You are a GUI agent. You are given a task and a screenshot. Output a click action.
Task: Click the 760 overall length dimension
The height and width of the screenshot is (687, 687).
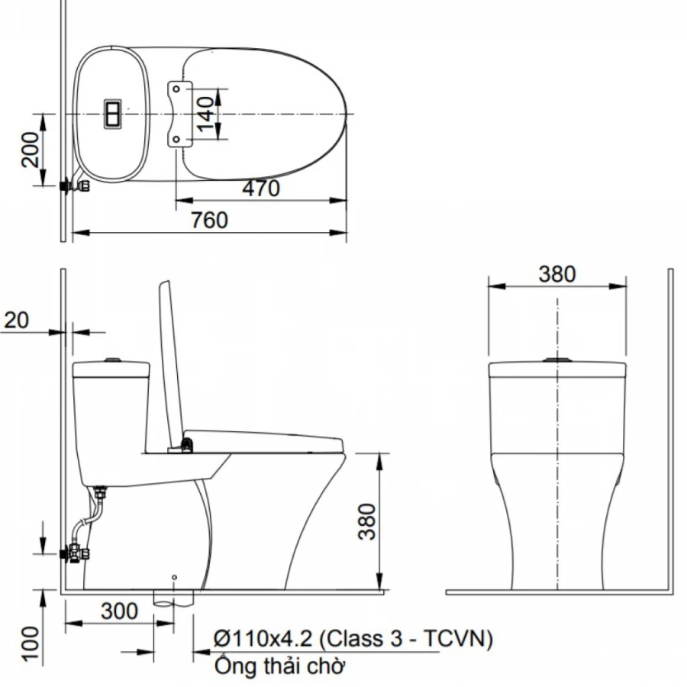[209, 220]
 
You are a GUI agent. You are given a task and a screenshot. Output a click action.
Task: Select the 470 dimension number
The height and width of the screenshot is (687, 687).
[261, 189]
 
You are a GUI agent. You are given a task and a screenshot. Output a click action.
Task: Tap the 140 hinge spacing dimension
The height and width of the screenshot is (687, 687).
[205, 114]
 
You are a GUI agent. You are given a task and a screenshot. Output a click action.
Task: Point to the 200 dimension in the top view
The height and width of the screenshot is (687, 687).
[31, 150]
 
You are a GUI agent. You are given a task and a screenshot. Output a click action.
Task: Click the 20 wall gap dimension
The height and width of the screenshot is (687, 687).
[17, 321]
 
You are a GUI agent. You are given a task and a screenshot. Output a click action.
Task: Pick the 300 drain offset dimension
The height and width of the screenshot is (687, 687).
[119, 611]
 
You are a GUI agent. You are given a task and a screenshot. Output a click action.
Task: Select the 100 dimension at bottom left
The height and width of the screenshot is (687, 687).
[31, 643]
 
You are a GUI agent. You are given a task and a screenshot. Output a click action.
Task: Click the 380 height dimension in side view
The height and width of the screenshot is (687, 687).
[367, 521]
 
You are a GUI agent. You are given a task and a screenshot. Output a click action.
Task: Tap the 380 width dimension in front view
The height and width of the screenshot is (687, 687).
[557, 274]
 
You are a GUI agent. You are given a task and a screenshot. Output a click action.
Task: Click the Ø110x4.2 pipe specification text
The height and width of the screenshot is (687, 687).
[353, 638]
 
